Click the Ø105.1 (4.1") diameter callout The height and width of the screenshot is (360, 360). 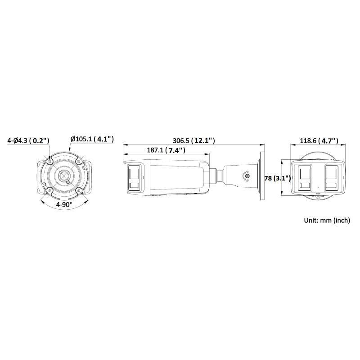pyautogui.click(x=92, y=139)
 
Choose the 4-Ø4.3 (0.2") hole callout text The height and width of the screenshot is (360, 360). pyautogui.click(x=28, y=140)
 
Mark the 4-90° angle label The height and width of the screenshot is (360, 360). pyautogui.click(x=64, y=204)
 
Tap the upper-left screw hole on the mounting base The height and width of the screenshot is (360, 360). pyautogui.click(x=50, y=160)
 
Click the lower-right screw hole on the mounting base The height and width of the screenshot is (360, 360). pyautogui.click(x=79, y=190)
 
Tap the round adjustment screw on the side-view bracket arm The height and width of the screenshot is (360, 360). pyautogui.click(x=247, y=177)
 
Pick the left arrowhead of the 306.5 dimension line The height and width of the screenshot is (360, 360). pyautogui.click(x=125, y=145)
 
